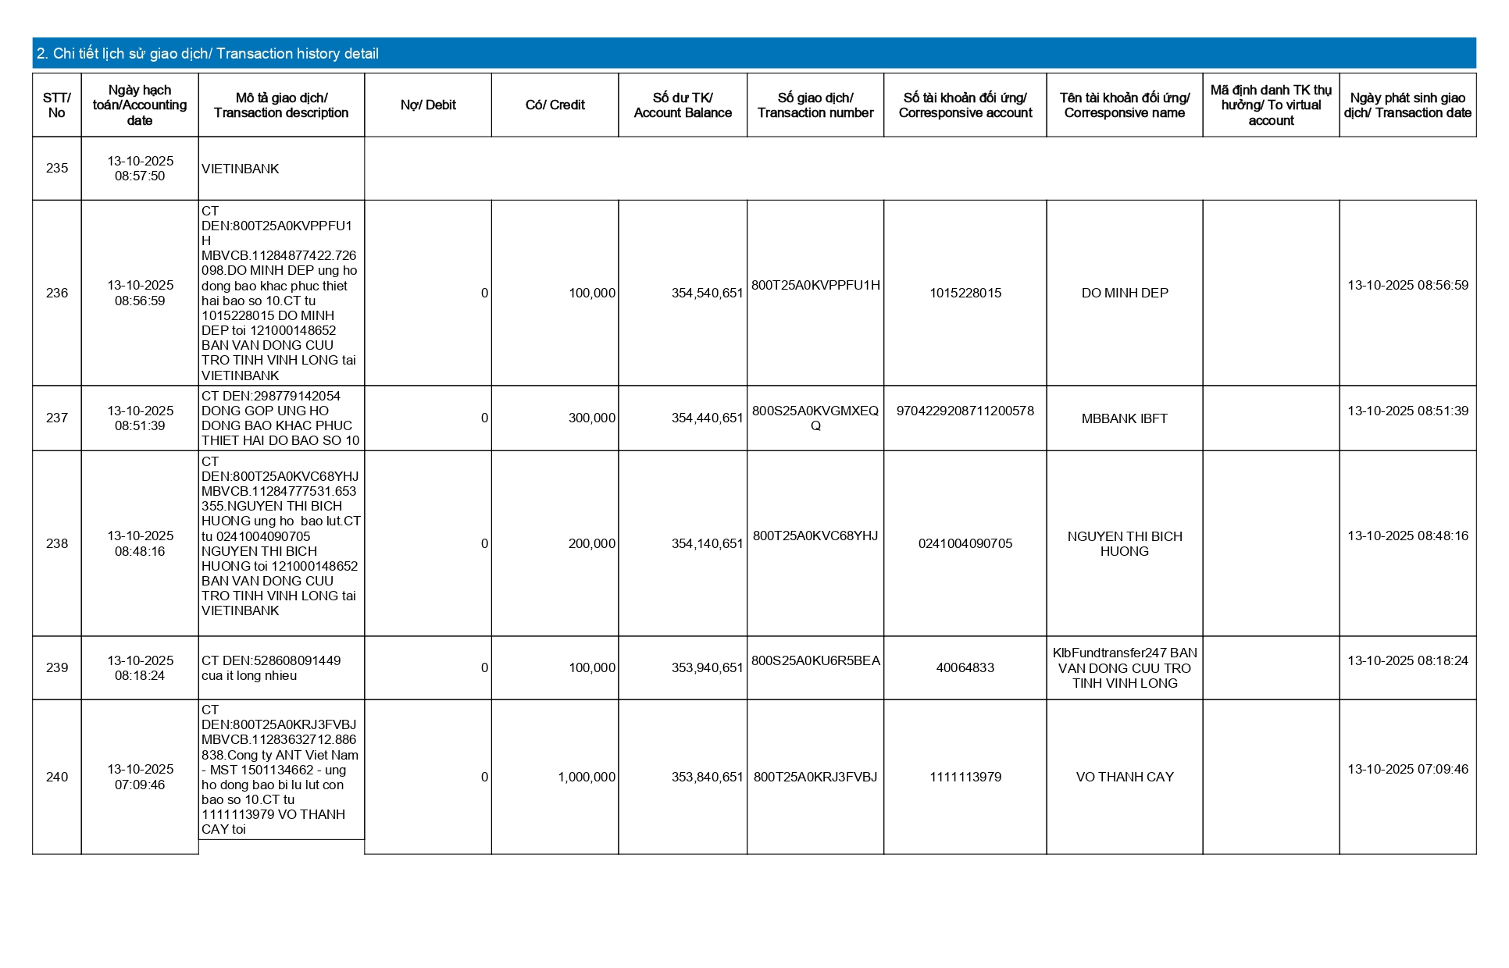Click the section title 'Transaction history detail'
click(x=208, y=54)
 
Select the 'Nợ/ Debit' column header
click(x=428, y=105)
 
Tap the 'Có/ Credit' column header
click(x=555, y=105)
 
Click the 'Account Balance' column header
click(x=683, y=105)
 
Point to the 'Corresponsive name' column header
click(x=1124, y=105)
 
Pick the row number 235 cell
click(x=57, y=169)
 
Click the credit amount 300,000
click(x=591, y=418)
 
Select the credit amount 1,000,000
click(x=586, y=778)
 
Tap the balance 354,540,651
click(x=707, y=294)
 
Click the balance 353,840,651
click(x=707, y=778)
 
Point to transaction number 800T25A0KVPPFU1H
click(x=815, y=286)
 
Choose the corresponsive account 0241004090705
click(x=965, y=544)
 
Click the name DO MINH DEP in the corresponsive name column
click(x=1124, y=294)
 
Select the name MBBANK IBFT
click(x=1124, y=419)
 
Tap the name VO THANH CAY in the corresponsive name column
click(x=1124, y=778)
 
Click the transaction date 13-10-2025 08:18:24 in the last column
click(x=1407, y=661)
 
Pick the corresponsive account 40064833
click(x=965, y=668)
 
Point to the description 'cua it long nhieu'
click(x=249, y=676)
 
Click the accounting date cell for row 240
click(x=140, y=778)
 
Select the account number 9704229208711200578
click(x=965, y=411)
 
